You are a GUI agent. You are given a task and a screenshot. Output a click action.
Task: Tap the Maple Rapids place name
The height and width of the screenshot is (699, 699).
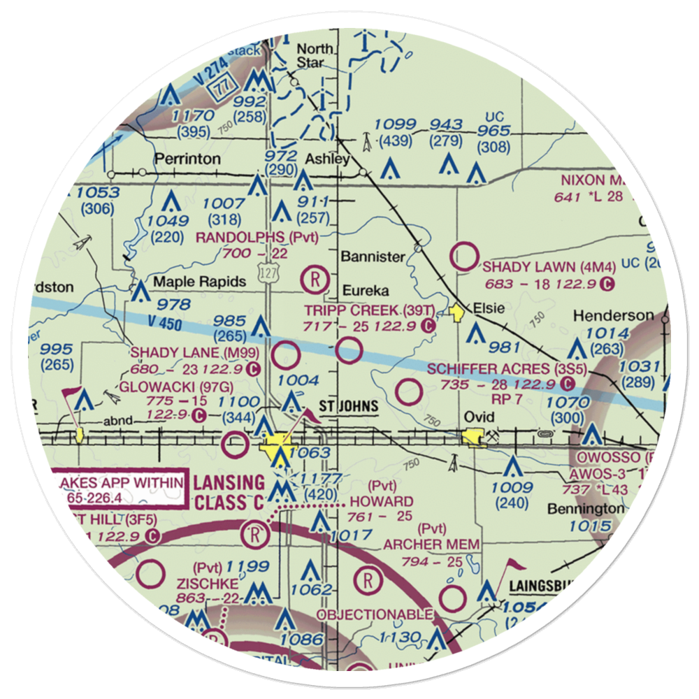pos(190,282)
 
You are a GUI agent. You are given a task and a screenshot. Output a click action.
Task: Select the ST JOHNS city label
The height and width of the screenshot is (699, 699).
pos(349,406)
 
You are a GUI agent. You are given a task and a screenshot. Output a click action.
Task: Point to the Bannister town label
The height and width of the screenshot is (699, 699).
pos(373,257)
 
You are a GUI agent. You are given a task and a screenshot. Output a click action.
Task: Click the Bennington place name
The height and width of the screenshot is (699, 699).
pos(586,508)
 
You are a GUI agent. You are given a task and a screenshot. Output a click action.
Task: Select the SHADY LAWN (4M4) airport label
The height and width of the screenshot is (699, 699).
pos(538,267)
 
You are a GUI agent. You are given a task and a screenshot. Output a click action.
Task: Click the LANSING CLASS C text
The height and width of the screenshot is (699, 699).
pos(229,492)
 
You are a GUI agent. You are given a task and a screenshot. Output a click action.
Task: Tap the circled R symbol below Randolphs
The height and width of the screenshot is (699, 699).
pos(315,280)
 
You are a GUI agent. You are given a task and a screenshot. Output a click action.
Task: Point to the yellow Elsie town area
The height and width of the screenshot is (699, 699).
pos(458,312)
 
